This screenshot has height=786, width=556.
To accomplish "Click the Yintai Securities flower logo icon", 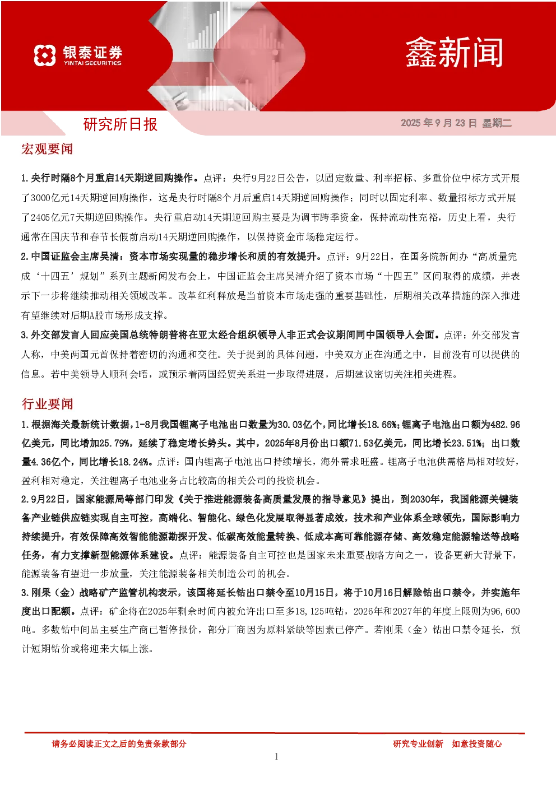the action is tap(45, 55).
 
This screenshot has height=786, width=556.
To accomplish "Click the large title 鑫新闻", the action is tap(454, 53).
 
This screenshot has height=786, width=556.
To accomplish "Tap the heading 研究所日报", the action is tap(120, 124).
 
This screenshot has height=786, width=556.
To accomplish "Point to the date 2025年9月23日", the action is tap(439, 123).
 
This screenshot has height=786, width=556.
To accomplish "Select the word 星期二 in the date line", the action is tap(497, 123).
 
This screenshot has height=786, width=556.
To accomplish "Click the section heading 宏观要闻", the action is tap(47, 149).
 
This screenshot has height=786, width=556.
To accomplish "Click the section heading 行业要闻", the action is tap(48, 404).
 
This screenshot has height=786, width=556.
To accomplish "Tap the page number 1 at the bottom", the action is tap(276, 756).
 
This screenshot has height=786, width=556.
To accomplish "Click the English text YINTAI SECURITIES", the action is tap(92, 63).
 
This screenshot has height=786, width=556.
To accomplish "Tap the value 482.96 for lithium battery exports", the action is tap(506, 425).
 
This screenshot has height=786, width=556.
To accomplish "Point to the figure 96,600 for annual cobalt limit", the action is tap(506, 611).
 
